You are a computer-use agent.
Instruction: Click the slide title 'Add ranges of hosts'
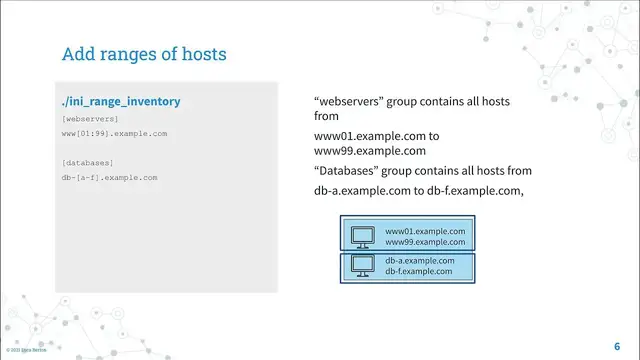(x=143, y=53)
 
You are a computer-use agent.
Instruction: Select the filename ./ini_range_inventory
(x=120, y=102)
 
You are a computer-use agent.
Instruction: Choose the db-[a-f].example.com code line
(x=109, y=177)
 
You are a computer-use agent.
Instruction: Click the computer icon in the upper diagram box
(x=361, y=236)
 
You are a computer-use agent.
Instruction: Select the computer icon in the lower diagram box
(x=361, y=266)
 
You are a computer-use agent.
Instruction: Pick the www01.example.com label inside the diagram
(x=425, y=231)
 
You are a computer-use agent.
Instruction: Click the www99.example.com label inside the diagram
(x=425, y=242)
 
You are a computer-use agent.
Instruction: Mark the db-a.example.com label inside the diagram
(x=421, y=261)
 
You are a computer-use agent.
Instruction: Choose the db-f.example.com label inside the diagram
(x=420, y=272)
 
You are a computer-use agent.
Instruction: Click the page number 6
(x=617, y=344)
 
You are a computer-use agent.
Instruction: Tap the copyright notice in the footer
(x=25, y=351)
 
